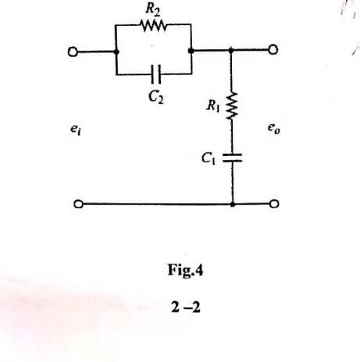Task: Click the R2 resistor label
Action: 152,10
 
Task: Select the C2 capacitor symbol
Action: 155,75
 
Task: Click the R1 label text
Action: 211,100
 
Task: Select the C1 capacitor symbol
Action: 233,158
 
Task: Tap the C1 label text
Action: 207,158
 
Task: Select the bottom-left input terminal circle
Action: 77,205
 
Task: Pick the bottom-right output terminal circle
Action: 274,205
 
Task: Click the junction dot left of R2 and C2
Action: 116,51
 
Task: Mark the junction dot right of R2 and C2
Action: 191,51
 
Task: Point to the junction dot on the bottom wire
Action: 233,205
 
